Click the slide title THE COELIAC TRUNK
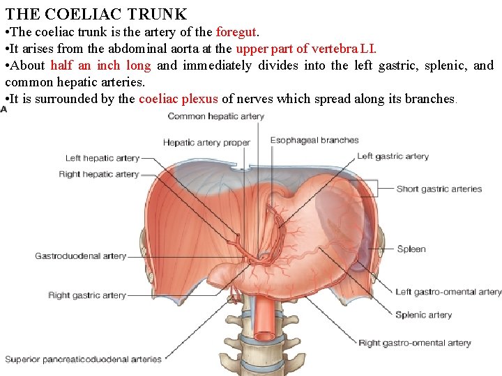[x=96, y=13]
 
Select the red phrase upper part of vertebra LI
[x=305, y=48]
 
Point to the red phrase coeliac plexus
[x=178, y=99]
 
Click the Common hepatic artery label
[x=215, y=116]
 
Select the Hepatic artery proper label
[x=206, y=143]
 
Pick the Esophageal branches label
[x=314, y=140]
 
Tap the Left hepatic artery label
[x=102, y=158]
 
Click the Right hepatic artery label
[x=99, y=174]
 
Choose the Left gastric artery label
[x=393, y=157]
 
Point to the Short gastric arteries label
[x=439, y=189]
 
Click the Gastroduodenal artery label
[x=81, y=256]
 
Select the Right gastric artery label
[x=87, y=295]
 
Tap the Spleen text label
[x=411, y=249]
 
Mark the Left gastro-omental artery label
[x=448, y=292]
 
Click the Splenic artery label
[x=423, y=315]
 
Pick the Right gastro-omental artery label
[x=415, y=343]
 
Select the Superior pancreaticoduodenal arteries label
[x=84, y=359]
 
